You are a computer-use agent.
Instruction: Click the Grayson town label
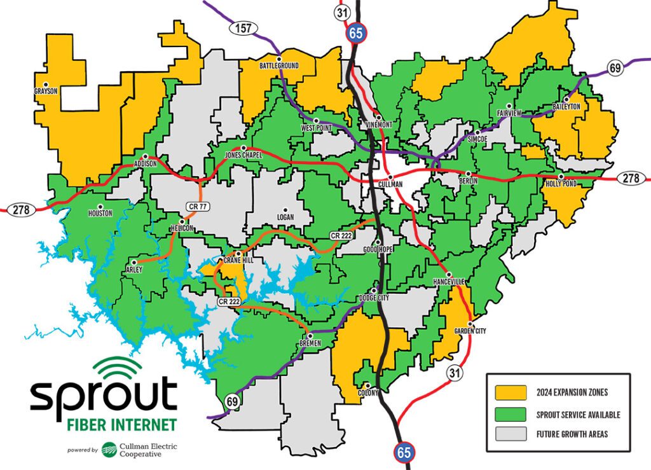tap(46, 91)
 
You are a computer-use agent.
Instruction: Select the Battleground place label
tap(278, 66)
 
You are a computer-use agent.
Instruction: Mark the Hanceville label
tap(449, 281)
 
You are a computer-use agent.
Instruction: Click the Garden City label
tap(470, 331)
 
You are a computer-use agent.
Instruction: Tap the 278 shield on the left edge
tap(22, 210)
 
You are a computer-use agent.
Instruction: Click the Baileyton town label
tap(566, 106)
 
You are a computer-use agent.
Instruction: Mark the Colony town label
tap(367, 392)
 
